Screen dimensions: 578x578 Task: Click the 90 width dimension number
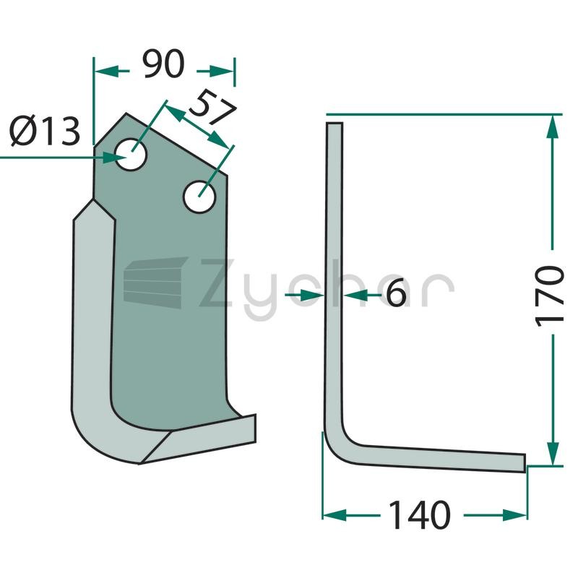164,64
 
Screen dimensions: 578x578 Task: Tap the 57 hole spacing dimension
212,106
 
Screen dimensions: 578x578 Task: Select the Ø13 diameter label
45,131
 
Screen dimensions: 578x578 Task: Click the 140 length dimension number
420,515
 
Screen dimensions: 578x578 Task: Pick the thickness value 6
395,293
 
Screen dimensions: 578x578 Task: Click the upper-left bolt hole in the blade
131,155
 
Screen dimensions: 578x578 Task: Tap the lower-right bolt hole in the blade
199,197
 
